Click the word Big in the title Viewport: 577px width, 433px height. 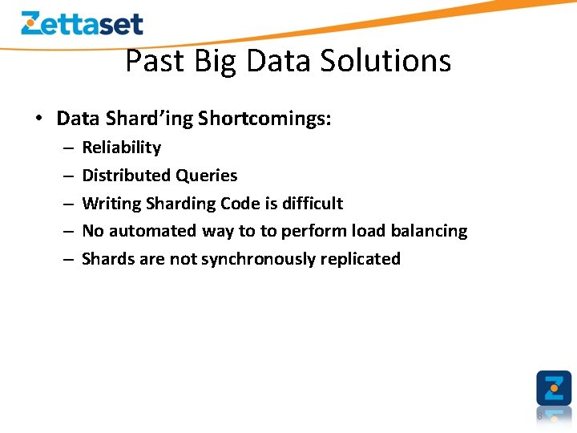(x=217, y=62)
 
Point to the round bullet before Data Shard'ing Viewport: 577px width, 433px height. (x=38, y=119)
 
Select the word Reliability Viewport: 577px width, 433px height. (x=121, y=148)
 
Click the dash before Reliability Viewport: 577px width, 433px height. (x=67, y=148)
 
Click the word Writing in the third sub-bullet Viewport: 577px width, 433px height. (x=111, y=204)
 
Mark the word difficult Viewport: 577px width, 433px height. (x=312, y=204)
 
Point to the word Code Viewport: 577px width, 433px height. (x=238, y=204)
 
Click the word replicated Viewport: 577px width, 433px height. (x=361, y=259)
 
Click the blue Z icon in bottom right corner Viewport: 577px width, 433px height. (x=554, y=388)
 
